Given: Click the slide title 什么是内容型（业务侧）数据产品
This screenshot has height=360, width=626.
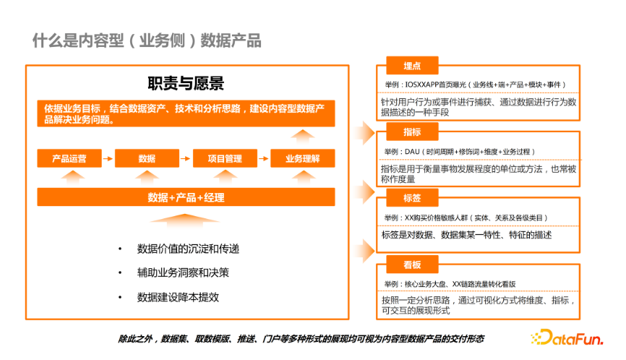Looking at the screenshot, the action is [x=147, y=40].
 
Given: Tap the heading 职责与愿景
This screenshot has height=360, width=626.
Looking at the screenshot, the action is [x=186, y=83].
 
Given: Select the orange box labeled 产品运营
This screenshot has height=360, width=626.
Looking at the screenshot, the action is [x=69, y=158].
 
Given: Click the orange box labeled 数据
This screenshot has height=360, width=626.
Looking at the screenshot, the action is [x=147, y=158].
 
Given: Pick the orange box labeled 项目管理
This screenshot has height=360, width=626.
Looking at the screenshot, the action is [x=225, y=158].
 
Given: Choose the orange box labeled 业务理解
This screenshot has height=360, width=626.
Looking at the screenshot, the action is [x=303, y=158].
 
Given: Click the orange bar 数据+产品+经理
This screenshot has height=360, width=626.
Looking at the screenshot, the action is [x=186, y=197].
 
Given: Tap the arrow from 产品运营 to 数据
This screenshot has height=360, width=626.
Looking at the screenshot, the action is [x=108, y=158].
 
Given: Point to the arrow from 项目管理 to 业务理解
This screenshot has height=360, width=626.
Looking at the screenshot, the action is [x=264, y=158].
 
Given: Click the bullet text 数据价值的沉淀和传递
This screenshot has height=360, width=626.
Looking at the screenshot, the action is [x=188, y=249].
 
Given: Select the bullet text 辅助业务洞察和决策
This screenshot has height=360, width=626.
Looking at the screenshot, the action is [x=183, y=273].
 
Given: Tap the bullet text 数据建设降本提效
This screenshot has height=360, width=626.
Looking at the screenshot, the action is [x=178, y=297].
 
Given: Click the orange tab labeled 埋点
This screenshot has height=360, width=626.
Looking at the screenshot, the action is [x=412, y=66].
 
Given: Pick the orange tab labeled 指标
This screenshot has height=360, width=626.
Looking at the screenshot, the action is [x=412, y=132].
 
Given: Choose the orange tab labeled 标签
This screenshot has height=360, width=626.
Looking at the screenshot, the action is [x=412, y=198].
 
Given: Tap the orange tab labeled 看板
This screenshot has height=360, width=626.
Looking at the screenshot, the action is [x=412, y=264].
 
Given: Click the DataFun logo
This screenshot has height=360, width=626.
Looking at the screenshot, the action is [x=567, y=338].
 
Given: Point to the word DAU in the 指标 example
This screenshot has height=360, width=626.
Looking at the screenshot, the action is [x=412, y=152].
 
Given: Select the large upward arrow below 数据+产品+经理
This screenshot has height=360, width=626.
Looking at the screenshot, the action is [x=184, y=220].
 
